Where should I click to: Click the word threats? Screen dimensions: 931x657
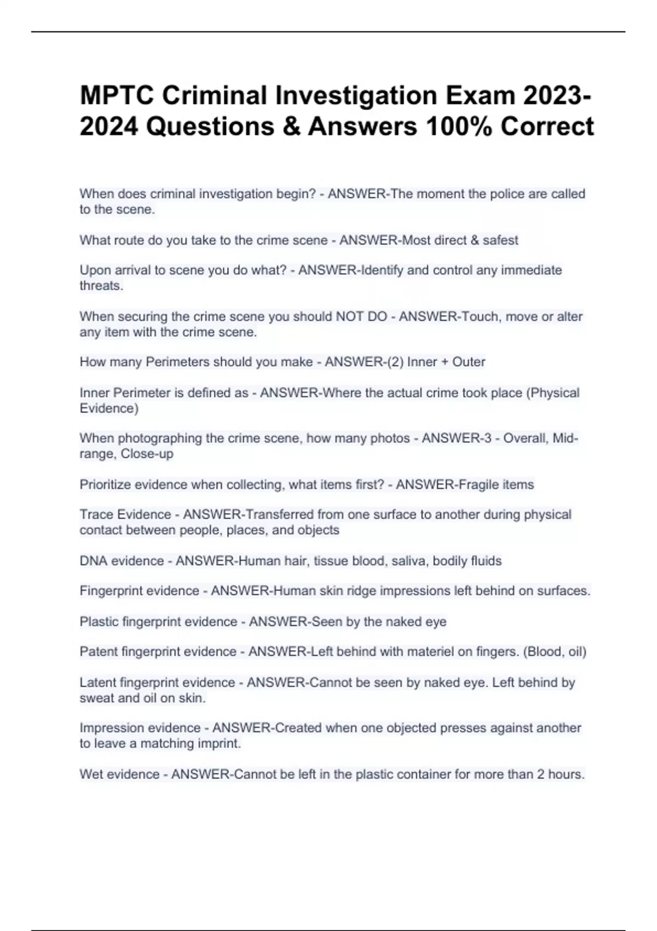pos(101,285)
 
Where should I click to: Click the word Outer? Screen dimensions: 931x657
pos(469,362)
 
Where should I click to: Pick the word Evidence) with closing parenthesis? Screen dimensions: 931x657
pos(109,408)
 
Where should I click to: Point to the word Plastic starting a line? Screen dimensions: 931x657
pos(99,622)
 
